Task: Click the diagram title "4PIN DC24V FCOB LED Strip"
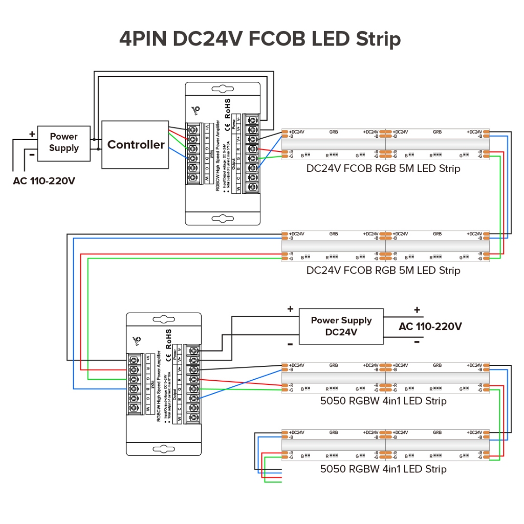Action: click(260, 39)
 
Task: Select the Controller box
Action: click(136, 145)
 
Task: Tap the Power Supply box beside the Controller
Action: click(64, 142)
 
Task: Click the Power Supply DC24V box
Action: click(341, 326)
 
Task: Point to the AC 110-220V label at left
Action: click(44, 181)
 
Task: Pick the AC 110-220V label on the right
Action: click(430, 326)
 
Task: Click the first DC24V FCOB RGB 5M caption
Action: click(383, 168)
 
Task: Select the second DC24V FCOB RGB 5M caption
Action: click(383, 270)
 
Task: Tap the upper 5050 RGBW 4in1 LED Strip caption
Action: click(383, 401)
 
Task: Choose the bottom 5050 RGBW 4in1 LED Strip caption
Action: click(383, 469)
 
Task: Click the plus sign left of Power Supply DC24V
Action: click(290, 309)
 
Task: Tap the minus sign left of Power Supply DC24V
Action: click(290, 343)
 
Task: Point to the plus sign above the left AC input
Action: click(32, 134)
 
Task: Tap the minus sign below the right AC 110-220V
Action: click(417, 342)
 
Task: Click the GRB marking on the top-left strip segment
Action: click(334, 132)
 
